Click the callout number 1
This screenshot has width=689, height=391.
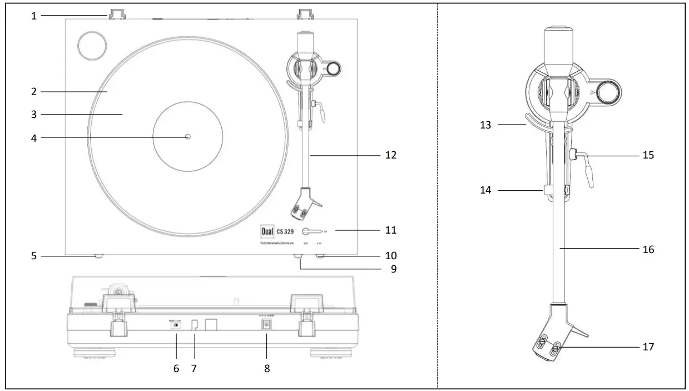click(34, 16)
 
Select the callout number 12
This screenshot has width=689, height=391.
click(390, 155)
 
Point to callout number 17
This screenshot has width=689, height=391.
click(648, 347)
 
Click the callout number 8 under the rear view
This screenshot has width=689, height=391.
click(267, 368)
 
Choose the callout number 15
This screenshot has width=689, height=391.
click(648, 155)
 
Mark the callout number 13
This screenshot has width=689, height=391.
click(485, 125)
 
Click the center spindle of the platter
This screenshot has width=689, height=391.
click(187, 136)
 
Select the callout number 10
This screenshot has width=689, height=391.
click(390, 256)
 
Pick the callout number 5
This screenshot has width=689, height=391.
click(34, 256)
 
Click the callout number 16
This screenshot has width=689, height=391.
click(648, 250)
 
